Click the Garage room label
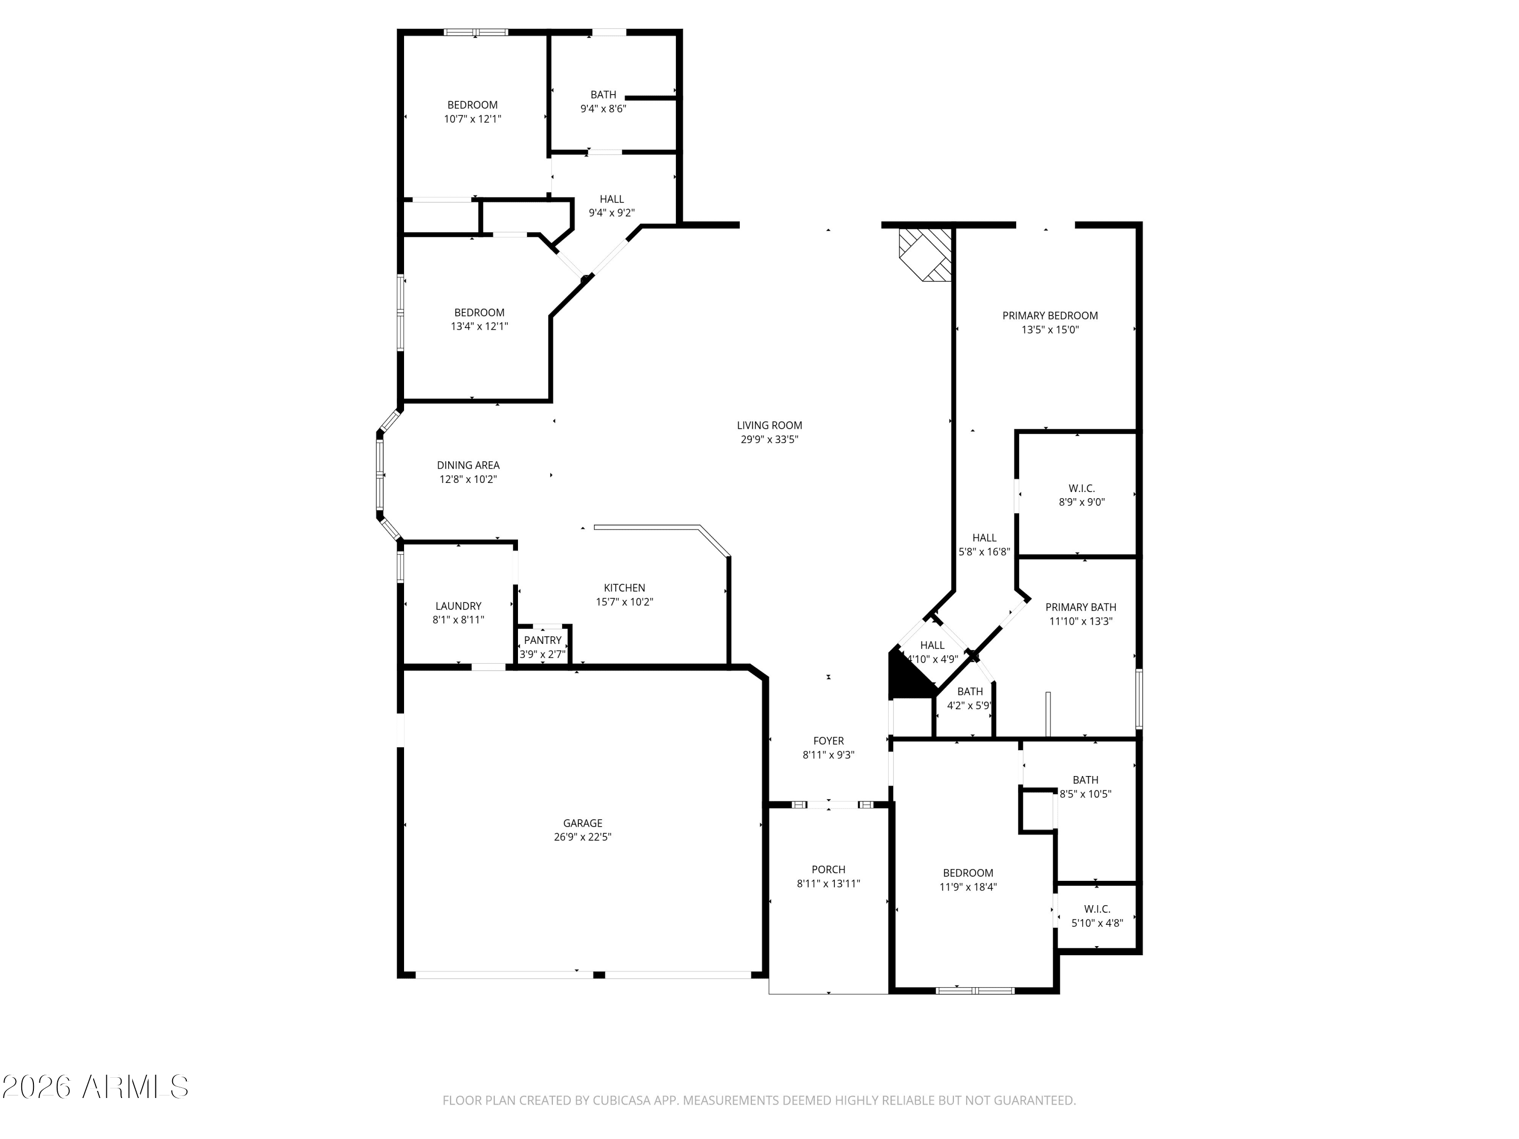point(582,823)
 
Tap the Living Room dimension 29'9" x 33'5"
point(769,439)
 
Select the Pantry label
point(542,640)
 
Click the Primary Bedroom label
point(1049,316)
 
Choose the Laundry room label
point(458,605)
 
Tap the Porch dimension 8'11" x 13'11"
point(828,883)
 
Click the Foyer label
point(828,741)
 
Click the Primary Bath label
point(1080,607)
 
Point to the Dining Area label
point(468,465)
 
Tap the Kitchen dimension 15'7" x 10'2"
point(623,602)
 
